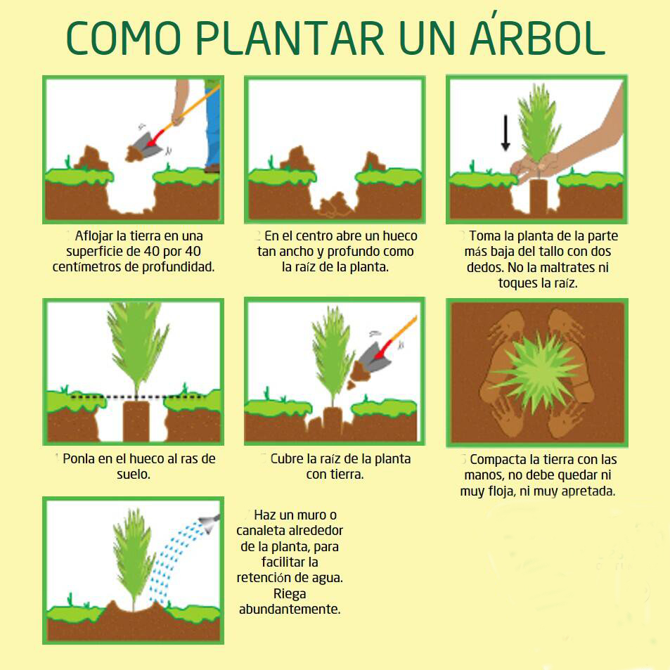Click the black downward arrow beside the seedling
pos(505,132)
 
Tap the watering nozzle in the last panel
pos(210,523)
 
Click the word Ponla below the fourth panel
pos(78,459)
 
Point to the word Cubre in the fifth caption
pos(287,459)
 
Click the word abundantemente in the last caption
pos(290,610)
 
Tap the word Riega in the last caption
pos(290,594)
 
